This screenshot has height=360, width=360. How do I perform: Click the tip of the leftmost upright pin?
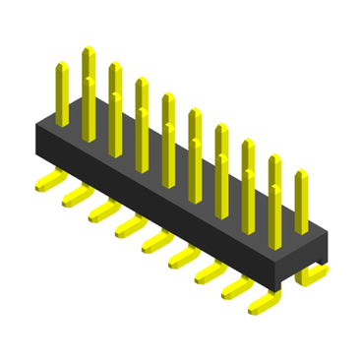(x=61, y=67)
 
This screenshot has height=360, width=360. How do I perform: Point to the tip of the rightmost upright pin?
(x=301, y=174)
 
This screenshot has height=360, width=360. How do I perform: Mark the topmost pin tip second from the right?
(x=274, y=157)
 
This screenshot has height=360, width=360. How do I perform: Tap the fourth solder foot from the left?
(x=125, y=229)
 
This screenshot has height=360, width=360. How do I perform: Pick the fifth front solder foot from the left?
(x=151, y=245)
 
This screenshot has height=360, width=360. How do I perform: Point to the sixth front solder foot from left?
(x=178, y=261)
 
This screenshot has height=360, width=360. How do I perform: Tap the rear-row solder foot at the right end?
(x=313, y=276)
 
